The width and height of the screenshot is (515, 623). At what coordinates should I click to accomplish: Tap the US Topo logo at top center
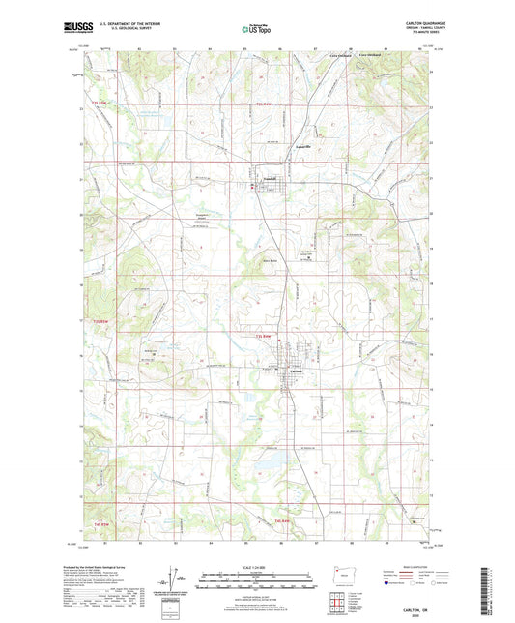[256, 31]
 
